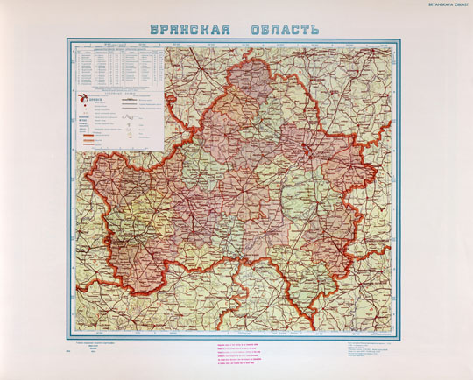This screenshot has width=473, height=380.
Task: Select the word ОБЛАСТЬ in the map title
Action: click(280, 29)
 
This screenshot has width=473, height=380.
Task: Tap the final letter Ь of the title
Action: click(314, 29)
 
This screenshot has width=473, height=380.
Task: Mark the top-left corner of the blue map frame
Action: click(68, 39)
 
